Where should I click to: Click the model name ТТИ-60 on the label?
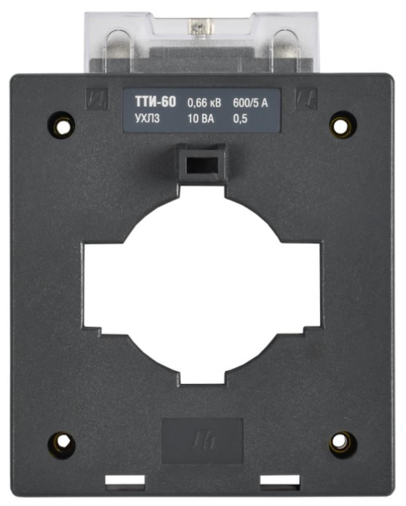tap(156, 102)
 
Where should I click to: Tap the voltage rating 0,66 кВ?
tap(205, 103)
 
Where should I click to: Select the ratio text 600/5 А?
tap(250, 103)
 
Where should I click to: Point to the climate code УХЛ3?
tap(147, 119)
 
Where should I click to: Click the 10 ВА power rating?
tap(200, 119)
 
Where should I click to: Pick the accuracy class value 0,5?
tap(240, 119)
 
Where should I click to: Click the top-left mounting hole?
tap(61, 125)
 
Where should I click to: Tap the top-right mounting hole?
tap(343, 125)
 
